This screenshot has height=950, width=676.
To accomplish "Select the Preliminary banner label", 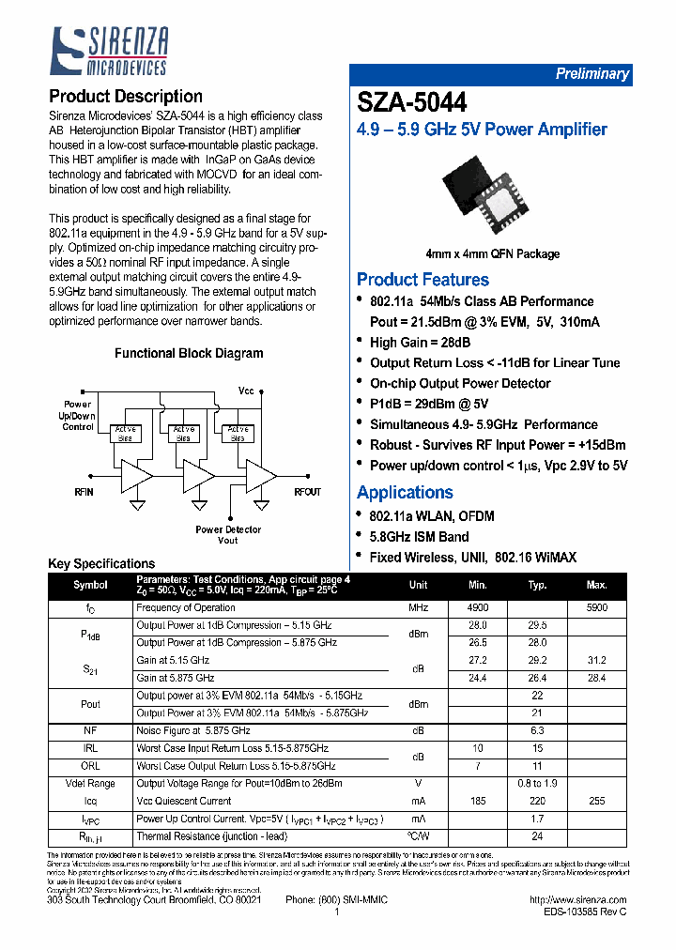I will [591, 74].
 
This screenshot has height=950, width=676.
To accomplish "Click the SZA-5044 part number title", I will [411, 102].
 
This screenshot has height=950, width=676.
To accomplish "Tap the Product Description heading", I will [125, 96].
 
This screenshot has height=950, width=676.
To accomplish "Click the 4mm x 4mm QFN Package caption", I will [492, 253].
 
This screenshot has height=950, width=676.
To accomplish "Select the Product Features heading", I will [422, 280].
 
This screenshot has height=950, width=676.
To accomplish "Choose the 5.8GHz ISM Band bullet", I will [419, 537].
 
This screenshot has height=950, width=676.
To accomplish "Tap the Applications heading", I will [405, 493].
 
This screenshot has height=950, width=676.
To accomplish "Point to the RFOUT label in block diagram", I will [307, 492].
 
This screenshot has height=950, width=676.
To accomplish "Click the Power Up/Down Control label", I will [78, 416].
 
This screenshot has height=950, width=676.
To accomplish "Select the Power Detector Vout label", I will [228, 535].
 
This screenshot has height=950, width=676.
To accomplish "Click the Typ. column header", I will [537, 585].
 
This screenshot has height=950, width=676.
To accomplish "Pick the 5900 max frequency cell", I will [596, 608].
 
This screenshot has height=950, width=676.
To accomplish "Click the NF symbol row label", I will [90, 730].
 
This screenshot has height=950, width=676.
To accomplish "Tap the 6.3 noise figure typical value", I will [537, 730].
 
